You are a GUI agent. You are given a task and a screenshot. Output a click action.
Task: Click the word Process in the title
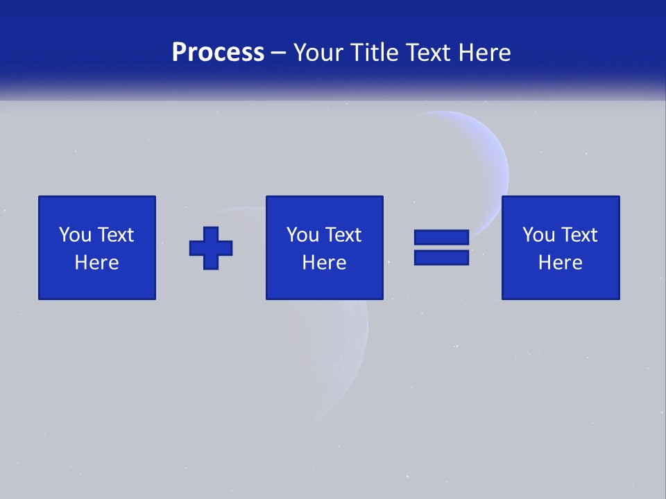[218, 53]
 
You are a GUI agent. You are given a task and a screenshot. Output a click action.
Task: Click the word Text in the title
[427, 53]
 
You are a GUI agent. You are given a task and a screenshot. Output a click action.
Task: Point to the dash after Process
[279, 53]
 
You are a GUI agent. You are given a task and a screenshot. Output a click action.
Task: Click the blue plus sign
[211, 247]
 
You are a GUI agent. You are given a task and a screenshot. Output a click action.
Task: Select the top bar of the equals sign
[441, 237]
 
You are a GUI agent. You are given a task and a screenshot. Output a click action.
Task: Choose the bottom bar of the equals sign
[441, 257]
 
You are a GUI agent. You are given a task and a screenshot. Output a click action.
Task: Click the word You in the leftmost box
[75, 235]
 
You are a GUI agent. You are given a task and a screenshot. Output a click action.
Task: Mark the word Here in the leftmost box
[97, 263]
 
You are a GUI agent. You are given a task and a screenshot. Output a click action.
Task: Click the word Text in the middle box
[343, 235]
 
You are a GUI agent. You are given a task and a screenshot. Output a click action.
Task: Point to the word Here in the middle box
[325, 263]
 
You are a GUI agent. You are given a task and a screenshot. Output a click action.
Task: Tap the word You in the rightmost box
[538, 235]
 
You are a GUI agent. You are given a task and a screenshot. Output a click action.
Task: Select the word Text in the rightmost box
[579, 235]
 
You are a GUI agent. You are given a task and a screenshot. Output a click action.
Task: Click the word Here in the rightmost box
[561, 263]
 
